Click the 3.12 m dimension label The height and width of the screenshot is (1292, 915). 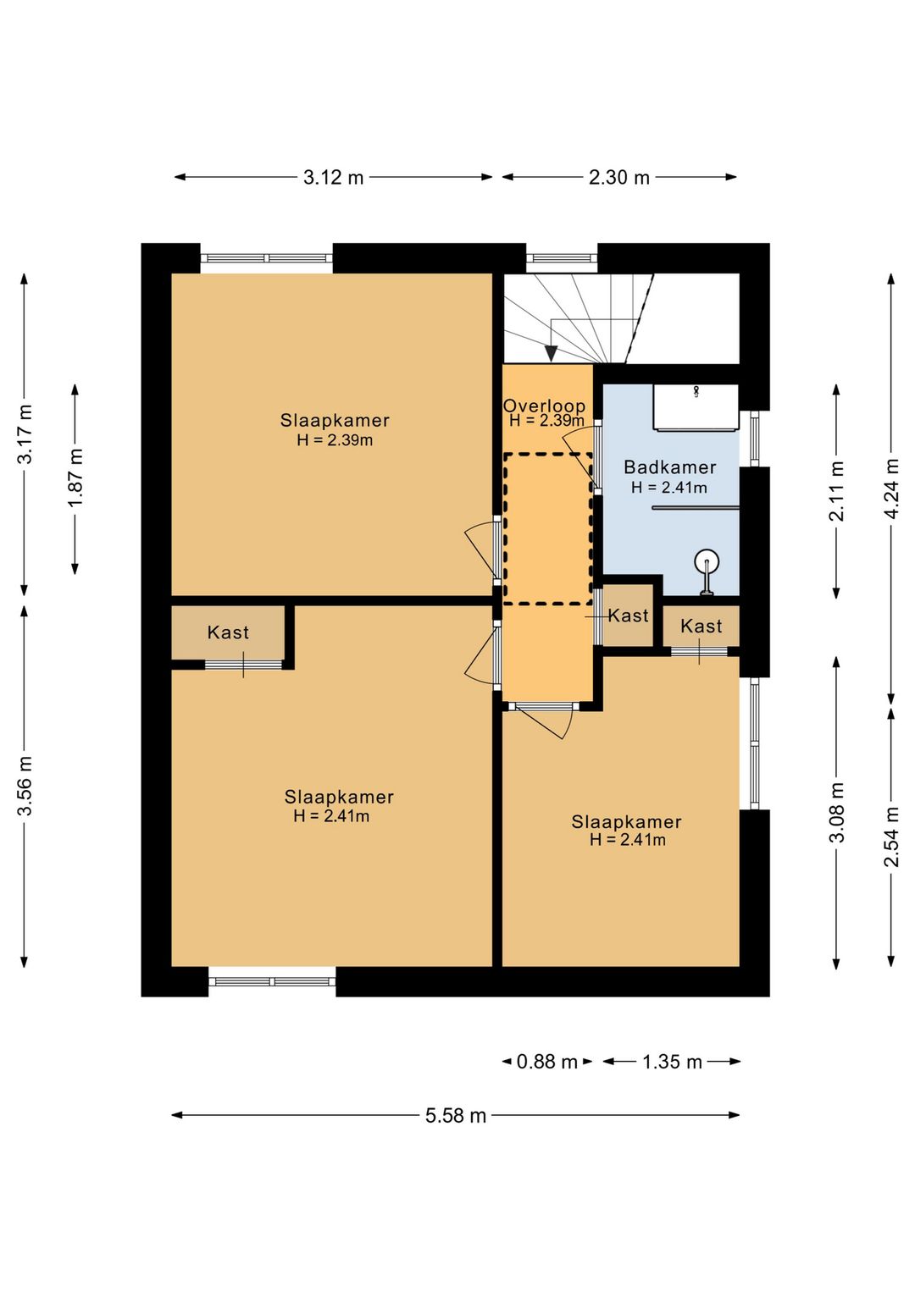334,178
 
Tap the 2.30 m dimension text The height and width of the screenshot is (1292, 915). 618,178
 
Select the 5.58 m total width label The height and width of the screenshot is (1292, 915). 456,1116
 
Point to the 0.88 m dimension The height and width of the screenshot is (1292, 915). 546,1062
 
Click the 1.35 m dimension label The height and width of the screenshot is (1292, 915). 672,1062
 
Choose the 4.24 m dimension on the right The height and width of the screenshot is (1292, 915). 892,489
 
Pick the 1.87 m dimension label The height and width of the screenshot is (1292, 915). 76,478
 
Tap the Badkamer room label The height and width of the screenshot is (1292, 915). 669,467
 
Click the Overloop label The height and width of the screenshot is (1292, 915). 545,406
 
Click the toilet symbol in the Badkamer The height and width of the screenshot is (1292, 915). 707,570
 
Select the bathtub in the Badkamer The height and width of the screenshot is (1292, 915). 696,407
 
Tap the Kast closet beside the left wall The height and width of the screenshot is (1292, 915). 228,632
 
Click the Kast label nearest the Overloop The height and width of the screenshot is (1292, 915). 628,616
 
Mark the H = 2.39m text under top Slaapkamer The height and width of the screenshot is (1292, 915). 335,440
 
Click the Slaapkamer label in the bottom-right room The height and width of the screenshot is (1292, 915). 626,821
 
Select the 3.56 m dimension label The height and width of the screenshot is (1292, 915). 25,786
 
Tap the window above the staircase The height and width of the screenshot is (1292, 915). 562,258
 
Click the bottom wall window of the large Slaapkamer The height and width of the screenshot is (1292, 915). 272,981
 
